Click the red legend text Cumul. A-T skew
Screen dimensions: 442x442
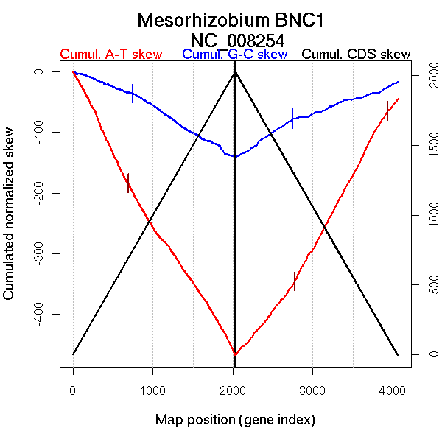pos(110,55)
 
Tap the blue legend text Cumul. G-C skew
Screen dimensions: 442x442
pos(234,55)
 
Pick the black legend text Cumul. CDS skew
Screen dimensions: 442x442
pos(357,55)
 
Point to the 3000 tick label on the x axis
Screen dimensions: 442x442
pos(313,391)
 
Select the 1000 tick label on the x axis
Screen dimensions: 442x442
pos(153,391)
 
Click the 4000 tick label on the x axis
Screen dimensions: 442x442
pos(393,391)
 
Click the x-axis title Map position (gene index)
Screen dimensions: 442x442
pos(235,420)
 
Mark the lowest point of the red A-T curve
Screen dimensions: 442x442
pos(235,355)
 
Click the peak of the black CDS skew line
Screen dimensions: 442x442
pos(235,71)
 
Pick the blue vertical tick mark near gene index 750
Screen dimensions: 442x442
pos(133,93)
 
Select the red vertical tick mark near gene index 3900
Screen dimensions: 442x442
pos(387,110)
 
